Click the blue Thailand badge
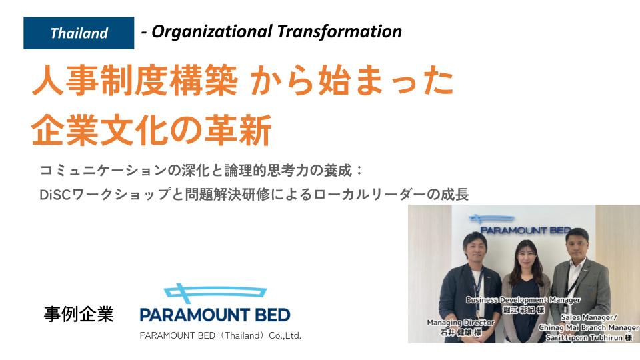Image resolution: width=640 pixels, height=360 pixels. [x=79, y=33]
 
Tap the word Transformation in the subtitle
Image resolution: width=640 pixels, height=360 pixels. [x=339, y=31]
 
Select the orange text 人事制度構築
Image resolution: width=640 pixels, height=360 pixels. [x=135, y=81]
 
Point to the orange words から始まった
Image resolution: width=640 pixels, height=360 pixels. [x=352, y=81]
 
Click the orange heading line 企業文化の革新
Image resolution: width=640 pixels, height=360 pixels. [x=151, y=130]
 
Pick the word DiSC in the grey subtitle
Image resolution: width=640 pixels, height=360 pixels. [x=55, y=195]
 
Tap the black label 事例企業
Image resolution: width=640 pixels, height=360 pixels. [x=79, y=314]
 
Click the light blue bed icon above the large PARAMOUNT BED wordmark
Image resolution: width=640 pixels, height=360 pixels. [x=215, y=292]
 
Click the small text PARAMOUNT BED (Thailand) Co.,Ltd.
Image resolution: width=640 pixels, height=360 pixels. [x=221, y=335]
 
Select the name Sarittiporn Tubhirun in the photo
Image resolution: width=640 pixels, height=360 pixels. [x=585, y=338]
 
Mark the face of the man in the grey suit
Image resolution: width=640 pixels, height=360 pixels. [x=577, y=246]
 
